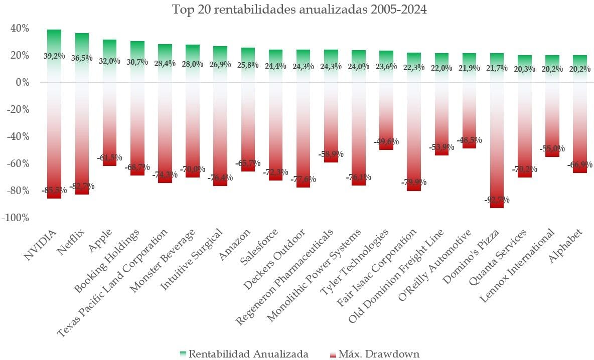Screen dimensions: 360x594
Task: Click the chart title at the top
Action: (300, 10)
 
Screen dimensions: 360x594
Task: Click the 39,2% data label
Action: (54, 56)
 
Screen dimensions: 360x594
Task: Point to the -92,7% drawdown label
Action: (497, 200)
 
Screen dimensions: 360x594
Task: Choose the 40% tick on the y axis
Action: (19, 28)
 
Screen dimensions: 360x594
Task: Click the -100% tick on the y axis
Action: (16, 218)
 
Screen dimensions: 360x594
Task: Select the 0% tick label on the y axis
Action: (21, 82)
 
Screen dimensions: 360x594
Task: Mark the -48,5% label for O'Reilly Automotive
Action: (469, 141)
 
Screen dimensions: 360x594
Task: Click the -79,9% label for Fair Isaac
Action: (413, 183)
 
